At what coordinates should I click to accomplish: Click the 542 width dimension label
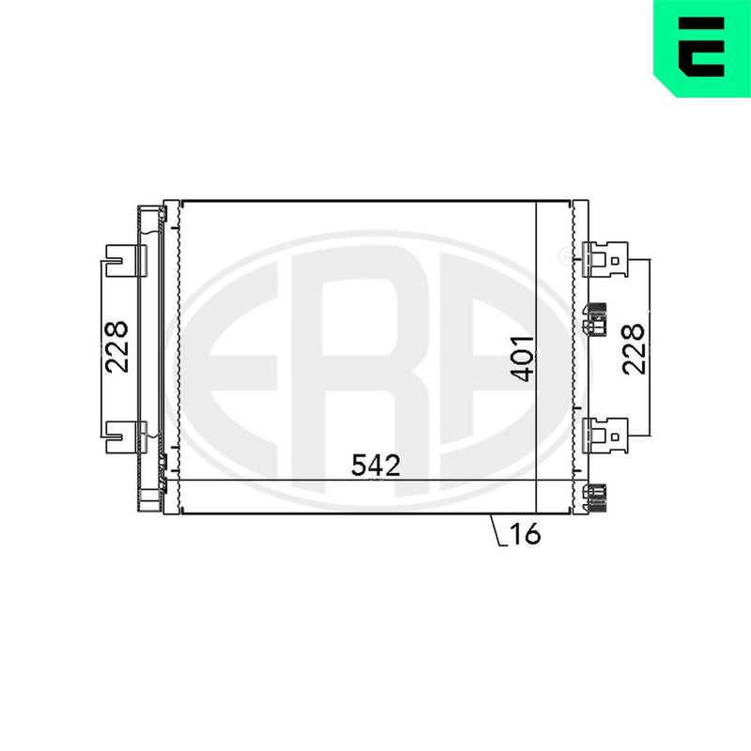375,465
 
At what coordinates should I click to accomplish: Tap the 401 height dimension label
523,359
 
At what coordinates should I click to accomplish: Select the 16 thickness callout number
526,533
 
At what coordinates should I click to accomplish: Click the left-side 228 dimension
117,346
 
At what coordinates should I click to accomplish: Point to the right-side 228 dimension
634,348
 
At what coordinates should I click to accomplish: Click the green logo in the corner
702,48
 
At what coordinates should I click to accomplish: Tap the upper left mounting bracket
126,261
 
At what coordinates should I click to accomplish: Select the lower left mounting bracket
126,437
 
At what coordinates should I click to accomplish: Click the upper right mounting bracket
605,260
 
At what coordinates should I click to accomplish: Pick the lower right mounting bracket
605,436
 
